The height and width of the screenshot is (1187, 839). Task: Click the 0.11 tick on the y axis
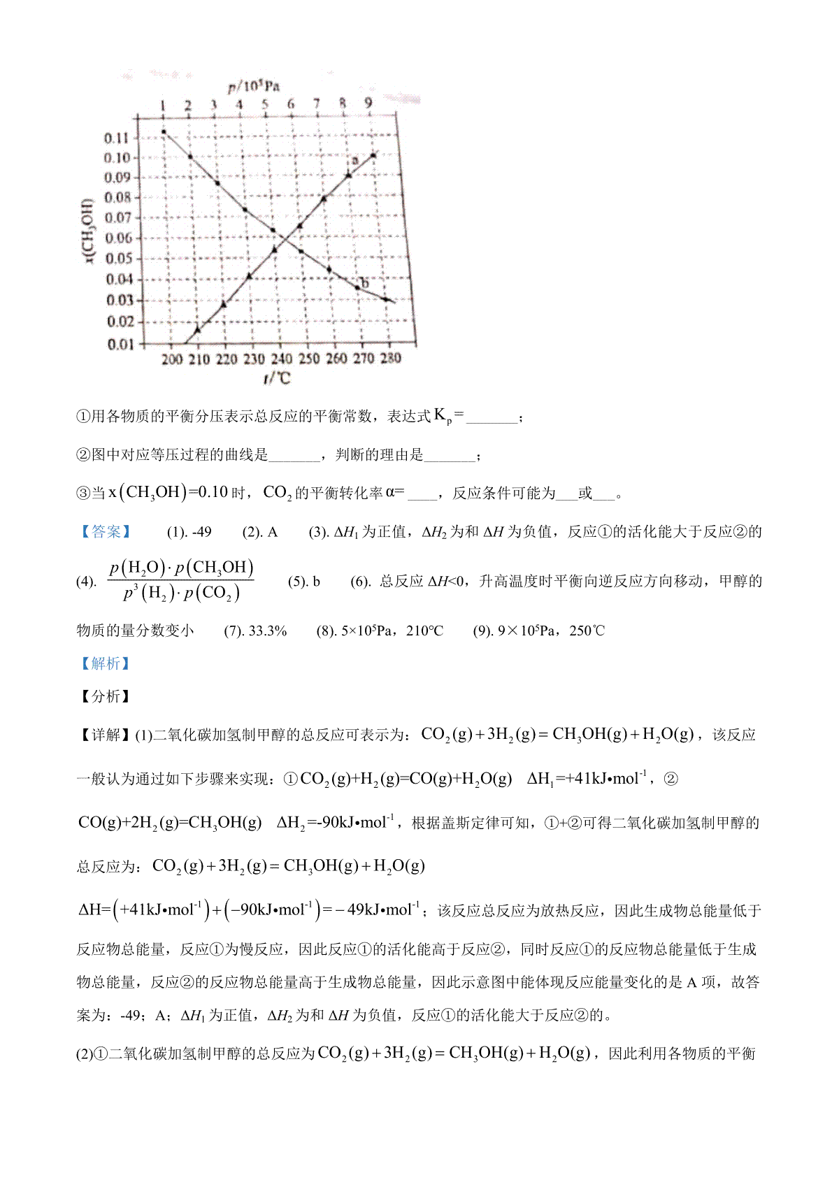point(117,138)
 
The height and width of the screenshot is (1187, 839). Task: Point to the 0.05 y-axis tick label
point(118,259)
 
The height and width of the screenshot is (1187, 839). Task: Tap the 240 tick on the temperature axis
point(281,359)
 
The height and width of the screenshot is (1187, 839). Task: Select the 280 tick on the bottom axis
point(390,358)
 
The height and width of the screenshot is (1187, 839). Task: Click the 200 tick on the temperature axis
point(172,359)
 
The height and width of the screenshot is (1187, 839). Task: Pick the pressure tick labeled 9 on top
point(368,103)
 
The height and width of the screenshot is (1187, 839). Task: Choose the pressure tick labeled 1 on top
point(163,106)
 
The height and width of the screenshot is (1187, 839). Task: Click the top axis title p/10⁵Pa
point(253,87)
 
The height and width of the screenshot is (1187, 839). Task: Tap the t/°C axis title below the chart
point(277,378)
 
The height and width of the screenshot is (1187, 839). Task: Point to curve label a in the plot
point(354,160)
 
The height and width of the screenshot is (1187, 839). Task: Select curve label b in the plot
point(364,283)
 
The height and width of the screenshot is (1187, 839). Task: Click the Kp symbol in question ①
point(443,417)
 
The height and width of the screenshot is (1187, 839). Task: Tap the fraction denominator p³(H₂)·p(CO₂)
point(182,594)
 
